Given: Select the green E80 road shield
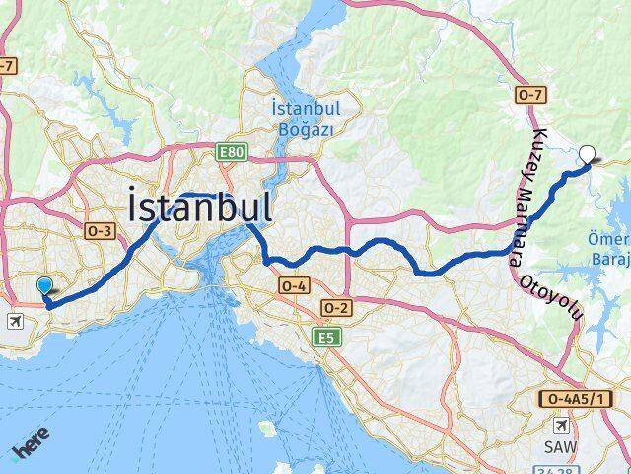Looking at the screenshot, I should [233, 151].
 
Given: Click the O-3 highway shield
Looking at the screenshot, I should [102, 230].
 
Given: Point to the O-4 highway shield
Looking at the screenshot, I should [294, 285].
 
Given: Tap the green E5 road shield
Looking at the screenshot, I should [324, 338].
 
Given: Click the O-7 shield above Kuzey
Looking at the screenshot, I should [529, 94].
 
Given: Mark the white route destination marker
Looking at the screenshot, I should [589, 153].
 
